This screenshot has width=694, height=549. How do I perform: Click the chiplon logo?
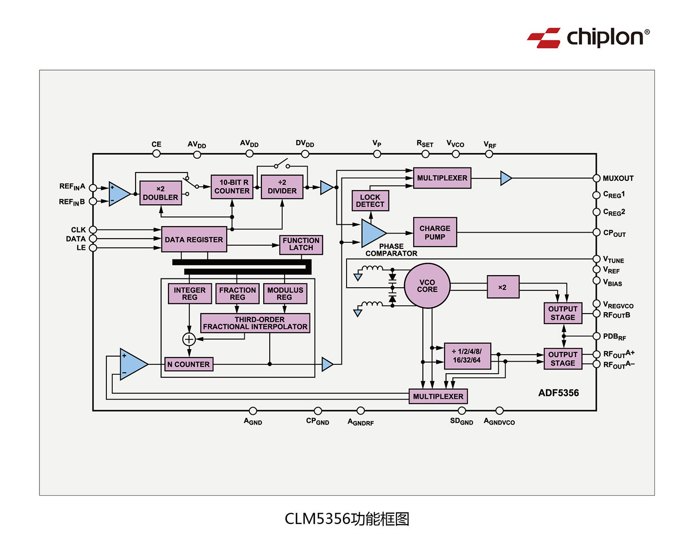(588, 37)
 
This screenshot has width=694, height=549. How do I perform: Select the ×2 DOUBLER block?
(161, 193)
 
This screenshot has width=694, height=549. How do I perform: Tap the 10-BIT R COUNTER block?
(232, 187)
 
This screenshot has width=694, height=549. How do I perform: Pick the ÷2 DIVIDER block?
(282, 187)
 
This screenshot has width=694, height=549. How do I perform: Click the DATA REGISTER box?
(194, 240)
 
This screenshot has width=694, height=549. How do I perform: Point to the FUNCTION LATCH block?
(301, 244)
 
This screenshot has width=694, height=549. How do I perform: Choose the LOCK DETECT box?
(370, 201)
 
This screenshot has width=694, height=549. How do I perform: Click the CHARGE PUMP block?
(435, 232)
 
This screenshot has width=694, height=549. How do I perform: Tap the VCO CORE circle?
(427, 286)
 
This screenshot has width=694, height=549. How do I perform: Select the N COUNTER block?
(189, 364)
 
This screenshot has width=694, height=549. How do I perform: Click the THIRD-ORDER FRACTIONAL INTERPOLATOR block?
(255, 323)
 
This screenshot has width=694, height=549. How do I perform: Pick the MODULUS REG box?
(285, 294)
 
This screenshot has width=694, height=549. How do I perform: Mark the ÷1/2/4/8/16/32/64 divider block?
(467, 356)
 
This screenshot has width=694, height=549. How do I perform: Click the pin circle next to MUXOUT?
(596, 179)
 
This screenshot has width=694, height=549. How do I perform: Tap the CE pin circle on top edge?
(156, 154)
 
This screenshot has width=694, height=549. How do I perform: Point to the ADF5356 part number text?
(558, 393)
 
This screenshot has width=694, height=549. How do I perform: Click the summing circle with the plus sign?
(189, 339)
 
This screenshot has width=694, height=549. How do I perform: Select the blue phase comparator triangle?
(372, 233)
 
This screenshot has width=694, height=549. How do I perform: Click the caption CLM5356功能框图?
(347, 519)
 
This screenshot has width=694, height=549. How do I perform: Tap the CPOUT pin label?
(614, 233)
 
